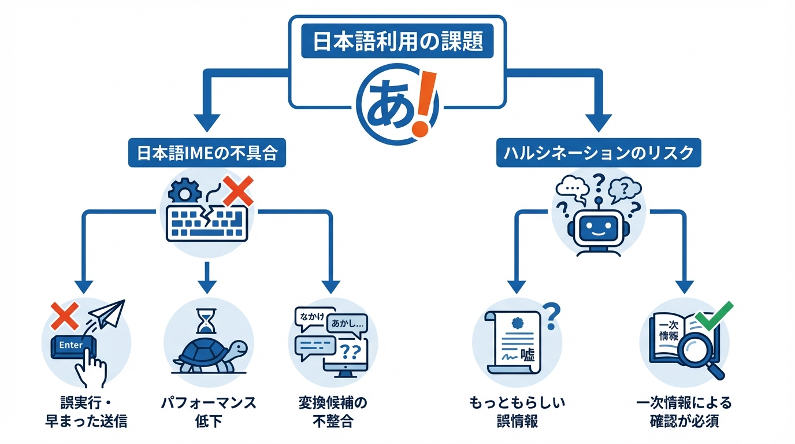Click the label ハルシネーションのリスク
(599, 153)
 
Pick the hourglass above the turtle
(205, 320)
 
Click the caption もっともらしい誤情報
(517, 411)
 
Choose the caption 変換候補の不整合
(333, 411)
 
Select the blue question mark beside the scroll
(552, 314)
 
